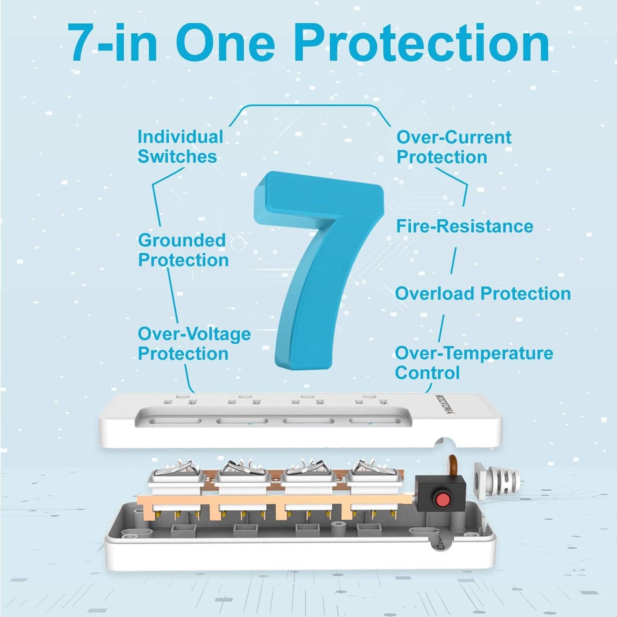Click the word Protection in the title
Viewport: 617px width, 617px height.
point(422,44)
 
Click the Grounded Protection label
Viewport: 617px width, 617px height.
point(183,250)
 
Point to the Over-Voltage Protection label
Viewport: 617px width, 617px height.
point(193,344)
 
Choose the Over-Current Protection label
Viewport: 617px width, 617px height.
point(453,147)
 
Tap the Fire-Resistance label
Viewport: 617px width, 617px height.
point(465,226)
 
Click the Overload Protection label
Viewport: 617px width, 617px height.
point(482,294)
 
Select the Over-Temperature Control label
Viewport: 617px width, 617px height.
point(474,363)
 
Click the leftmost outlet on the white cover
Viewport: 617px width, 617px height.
point(181,401)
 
